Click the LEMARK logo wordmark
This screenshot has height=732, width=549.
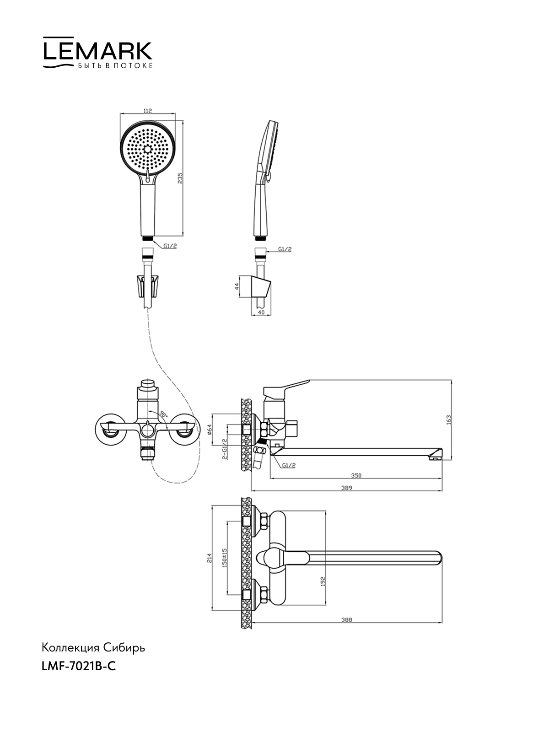coord(97,51)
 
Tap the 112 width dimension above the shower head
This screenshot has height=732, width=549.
coord(147,111)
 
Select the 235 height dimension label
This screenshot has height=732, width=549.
coord(180,178)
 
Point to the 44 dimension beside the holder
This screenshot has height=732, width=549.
coord(237,286)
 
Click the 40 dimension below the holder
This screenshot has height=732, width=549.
coord(261,312)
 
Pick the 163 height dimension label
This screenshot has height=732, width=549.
coord(449,420)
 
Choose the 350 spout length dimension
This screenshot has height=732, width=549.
coord(356,475)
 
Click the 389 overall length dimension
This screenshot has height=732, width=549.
coord(347,488)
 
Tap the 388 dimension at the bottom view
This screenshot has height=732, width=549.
coord(347,620)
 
